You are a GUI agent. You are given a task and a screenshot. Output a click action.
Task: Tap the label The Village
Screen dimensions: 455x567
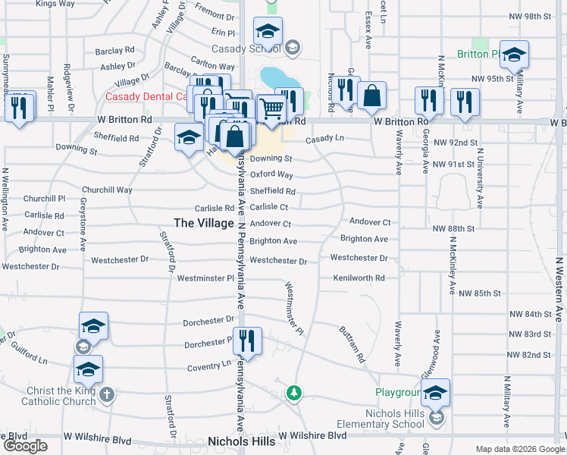(x=204, y=223)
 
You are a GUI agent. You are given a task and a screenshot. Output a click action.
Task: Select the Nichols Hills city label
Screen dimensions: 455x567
(x=239, y=441)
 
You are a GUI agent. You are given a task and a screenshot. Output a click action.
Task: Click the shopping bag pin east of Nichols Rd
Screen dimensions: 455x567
(x=371, y=96)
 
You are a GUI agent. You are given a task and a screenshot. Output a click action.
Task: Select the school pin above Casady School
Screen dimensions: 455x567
(x=268, y=32)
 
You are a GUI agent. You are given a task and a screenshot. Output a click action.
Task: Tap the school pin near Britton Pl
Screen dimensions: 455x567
(x=514, y=55)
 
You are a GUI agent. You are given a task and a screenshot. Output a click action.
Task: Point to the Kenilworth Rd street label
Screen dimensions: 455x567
(x=359, y=278)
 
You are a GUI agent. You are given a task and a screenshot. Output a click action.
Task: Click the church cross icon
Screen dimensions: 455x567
(x=107, y=394)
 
